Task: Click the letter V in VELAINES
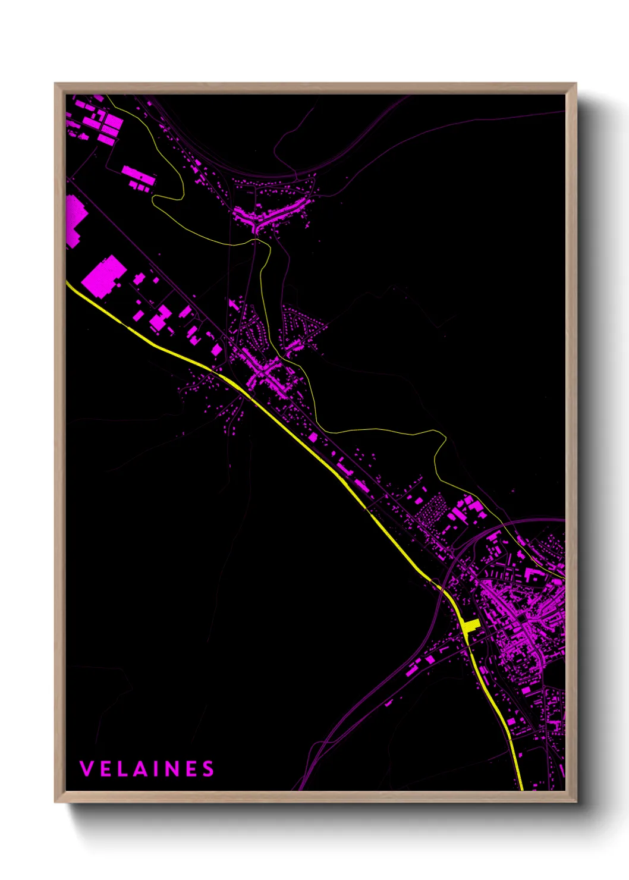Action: coord(86,769)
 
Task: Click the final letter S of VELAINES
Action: coord(208,769)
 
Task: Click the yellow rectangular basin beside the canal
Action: coord(471,626)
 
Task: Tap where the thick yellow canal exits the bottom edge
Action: coord(521,790)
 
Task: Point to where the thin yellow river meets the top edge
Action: coord(107,96)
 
